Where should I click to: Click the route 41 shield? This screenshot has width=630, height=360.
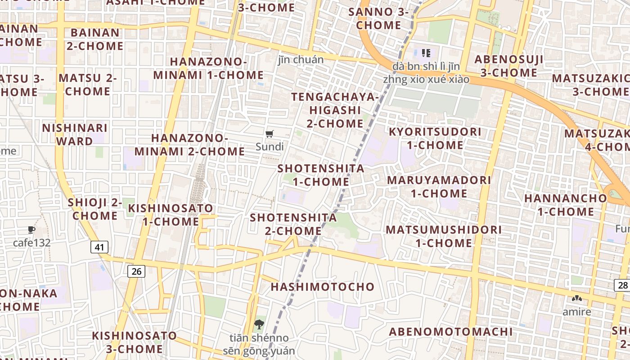(x=99, y=247)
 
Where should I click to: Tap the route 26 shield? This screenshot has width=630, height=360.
(x=136, y=271)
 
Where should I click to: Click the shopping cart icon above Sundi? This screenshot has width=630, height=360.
(x=270, y=133)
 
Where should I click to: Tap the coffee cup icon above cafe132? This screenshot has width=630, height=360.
(x=31, y=229)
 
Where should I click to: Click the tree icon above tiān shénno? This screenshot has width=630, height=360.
(x=259, y=324)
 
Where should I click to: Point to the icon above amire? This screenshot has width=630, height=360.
(x=577, y=298)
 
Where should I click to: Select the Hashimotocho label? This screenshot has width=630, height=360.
(x=323, y=287)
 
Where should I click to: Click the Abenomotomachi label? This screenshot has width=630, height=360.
(x=451, y=332)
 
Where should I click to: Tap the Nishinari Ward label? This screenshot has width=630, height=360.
(x=75, y=135)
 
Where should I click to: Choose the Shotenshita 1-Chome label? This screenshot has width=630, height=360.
(x=321, y=175)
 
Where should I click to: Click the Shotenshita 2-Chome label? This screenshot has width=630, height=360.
(x=293, y=224)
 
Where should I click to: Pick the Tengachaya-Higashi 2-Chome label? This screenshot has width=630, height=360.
(x=335, y=110)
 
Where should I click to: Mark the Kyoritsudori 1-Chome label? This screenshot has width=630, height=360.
(x=435, y=138)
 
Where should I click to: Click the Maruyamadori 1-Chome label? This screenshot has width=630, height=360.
(x=439, y=187)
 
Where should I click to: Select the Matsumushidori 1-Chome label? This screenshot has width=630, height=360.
(x=444, y=236)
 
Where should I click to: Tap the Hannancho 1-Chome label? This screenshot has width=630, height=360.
(x=566, y=205)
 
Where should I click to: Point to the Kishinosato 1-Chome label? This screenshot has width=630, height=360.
(x=171, y=215)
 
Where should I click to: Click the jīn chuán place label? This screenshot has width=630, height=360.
(x=301, y=59)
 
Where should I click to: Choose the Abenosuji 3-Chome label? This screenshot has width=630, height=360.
(x=509, y=66)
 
